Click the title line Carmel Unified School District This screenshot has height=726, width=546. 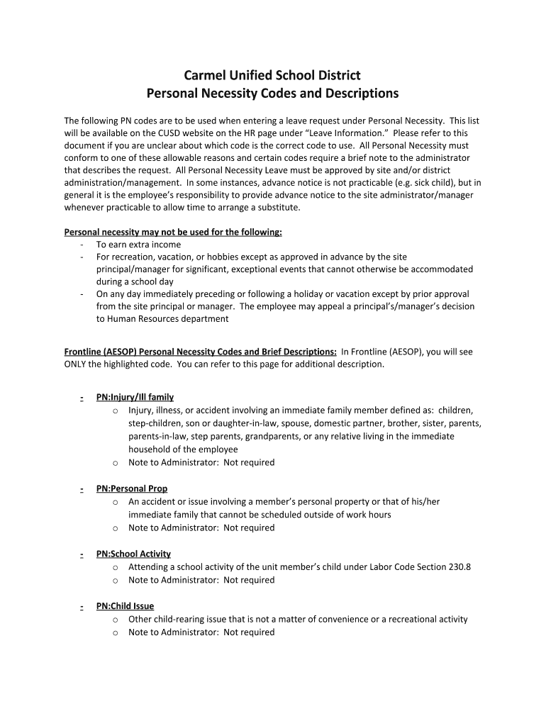tap(272, 75)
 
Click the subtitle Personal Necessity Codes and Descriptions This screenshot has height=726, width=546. tap(272, 94)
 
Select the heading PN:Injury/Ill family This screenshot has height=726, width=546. tap(135, 397)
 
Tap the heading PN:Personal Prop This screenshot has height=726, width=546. tap(132, 488)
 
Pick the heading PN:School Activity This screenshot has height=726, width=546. tap(133, 554)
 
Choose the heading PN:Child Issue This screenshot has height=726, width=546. tap(125, 606)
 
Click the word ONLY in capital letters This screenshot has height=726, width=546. tap(76, 364)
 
